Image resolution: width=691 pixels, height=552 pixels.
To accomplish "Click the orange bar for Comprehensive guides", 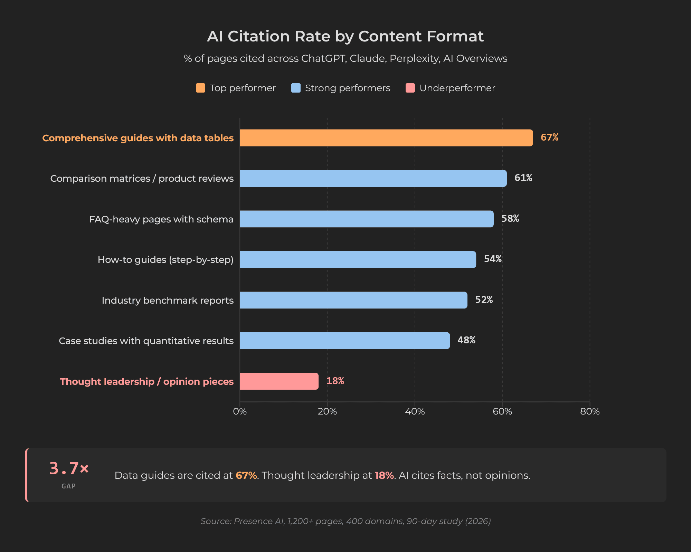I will pyautogui.click(x=386, y=138).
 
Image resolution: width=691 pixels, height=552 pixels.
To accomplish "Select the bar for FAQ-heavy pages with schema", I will pyautogui.click(x=366, y=219).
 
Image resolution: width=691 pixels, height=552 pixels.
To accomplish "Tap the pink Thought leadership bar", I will pyautogui.click(x=279, y=381).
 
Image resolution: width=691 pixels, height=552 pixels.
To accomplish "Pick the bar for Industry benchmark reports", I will pyautogui.click(x=353, y=300).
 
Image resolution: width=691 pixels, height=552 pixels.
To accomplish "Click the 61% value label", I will pyautogui.click(x=523, y=178).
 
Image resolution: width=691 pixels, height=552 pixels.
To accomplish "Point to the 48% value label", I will pyautogui.click(x=466, y=340).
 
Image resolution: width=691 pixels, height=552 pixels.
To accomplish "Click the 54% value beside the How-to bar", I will pyautogui.click(x=492, y=259).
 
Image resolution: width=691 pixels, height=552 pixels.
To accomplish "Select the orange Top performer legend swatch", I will pyautogui.click(x=200, y=88).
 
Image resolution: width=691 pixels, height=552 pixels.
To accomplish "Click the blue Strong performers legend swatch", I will pyautogui.click(x=296, y=88).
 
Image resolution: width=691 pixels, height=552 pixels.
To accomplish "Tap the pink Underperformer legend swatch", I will pyautogui.click(x=410, y=88).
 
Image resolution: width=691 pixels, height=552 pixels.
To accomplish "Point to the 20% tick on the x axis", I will pyautogui.click(x=327, y=411).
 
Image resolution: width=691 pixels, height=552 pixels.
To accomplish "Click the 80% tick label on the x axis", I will pyautogui.click(x=590, y=411).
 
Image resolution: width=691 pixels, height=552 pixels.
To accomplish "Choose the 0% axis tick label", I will pyautogui.click(x=240, y=411).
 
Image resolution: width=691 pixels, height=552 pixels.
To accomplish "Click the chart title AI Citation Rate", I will pyautogui.click(x=345, y=36).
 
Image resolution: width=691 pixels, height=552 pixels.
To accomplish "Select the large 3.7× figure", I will pyautogui.click(x=69, y=468).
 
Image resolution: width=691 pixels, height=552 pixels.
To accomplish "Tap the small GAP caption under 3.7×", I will pyautogui.click(x=68, y=486).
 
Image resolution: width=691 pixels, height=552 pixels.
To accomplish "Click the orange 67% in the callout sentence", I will pyautogui.click(x=246, y=476).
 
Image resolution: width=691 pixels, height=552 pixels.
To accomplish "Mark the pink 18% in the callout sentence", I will pyautogui.click(x=384, y=476).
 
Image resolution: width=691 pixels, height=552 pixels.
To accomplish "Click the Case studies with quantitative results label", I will pyautogui.click(x=146, y=341).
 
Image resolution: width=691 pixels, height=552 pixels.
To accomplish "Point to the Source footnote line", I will pyautogui.click(x=345, y=521).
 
